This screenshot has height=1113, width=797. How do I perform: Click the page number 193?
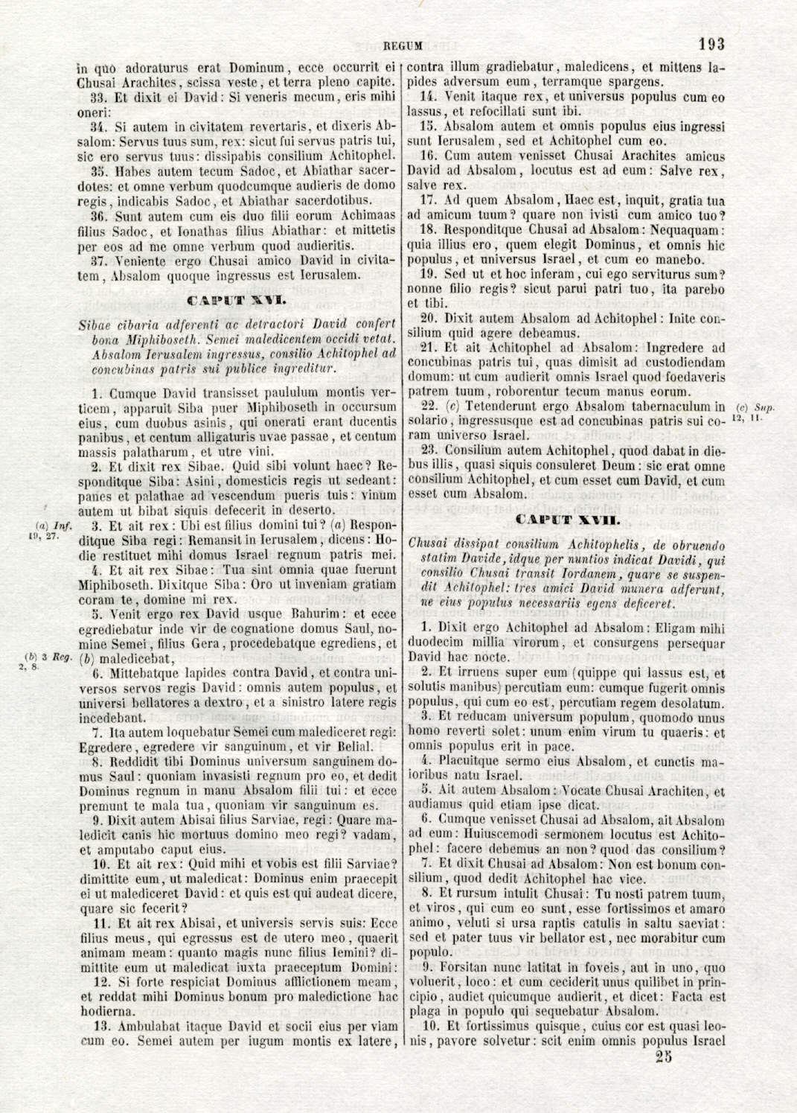[711, 45]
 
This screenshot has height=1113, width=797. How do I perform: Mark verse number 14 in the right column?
[427, 97]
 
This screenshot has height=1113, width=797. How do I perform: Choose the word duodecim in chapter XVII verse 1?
[432, 642]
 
